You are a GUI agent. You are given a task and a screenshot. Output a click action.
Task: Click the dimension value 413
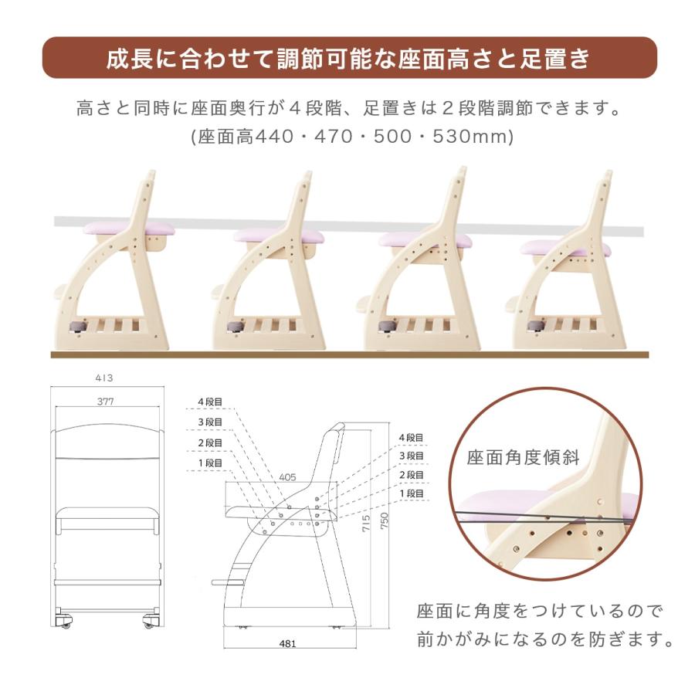(x=104, y=378)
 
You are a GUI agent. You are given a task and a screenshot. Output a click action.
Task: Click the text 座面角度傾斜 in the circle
(x=523, y=456)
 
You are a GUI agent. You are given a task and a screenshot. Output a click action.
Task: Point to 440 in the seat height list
(x=275, y=137)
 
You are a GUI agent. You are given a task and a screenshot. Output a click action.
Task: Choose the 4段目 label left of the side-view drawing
(x=210, y=402)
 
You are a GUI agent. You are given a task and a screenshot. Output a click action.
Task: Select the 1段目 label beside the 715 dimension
(x=412, y=493)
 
